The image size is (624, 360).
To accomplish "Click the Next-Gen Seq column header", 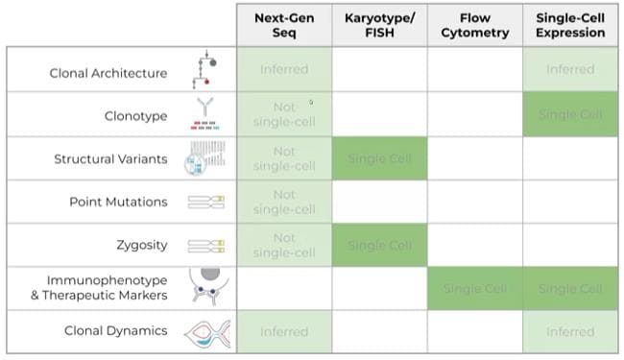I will click(284, 25).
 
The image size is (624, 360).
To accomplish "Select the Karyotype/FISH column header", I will click(379, 25).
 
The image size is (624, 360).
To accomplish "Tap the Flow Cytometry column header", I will click(474, 25).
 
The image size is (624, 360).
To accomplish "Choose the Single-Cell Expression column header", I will click(570, 25).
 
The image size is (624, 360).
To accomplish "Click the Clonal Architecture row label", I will click(108, 73).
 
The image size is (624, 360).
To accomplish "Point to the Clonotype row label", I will click(135, 116).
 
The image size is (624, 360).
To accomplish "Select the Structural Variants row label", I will click(110, 159).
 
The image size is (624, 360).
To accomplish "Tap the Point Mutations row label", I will click(118, 202).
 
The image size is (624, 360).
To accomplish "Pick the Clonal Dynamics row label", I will click(115, 331).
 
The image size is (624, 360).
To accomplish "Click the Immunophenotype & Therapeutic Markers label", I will click(98, 288).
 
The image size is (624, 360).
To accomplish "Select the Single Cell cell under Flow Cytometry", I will click(474, 288).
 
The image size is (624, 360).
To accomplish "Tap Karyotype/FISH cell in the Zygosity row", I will click(379, 245).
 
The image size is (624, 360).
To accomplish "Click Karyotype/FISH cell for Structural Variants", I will click(379, 159).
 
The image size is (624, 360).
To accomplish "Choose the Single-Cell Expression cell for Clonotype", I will click(570, 115).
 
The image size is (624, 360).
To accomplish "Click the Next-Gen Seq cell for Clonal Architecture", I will click(284, 69).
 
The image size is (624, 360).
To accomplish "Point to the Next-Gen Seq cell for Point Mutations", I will click(284, 202).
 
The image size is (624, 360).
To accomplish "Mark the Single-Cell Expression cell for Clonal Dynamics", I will click(570, 331).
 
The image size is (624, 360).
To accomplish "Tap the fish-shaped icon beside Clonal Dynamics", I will click(204, 332).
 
